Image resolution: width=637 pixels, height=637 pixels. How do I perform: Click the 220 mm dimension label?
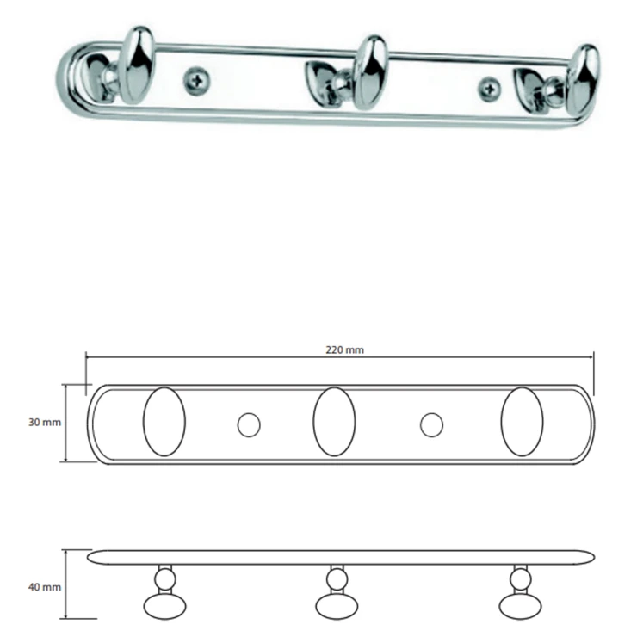tap(344, 349)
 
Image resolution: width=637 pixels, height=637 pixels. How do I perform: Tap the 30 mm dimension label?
tap(45, 423)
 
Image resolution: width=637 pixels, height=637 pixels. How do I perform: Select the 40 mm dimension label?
tap(45, 587)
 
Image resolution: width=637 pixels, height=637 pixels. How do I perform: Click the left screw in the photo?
tap(197, 81)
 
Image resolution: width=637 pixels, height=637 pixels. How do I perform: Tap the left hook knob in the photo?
tap(139, 65)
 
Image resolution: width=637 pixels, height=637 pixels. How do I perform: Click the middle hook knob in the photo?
tap(370, 72)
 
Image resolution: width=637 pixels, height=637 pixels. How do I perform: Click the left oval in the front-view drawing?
tap(164, 421)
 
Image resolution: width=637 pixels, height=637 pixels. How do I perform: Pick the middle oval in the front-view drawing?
tap(334, 421)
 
